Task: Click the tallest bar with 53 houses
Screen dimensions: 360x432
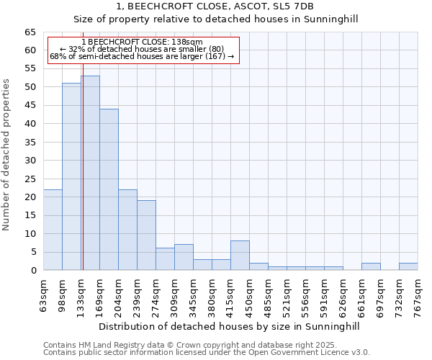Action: pos(90,173)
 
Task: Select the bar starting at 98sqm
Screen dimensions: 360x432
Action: pos(71,176)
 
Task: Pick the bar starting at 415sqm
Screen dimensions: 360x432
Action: pos(240,256)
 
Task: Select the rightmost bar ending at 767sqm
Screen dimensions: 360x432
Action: pos(408,266)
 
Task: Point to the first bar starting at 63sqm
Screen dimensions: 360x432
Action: pos(53,230)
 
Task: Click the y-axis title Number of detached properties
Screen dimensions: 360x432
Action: pos(6,155)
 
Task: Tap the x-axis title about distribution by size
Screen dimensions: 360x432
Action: pos(229,326)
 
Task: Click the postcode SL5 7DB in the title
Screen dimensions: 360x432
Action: pos(294,6)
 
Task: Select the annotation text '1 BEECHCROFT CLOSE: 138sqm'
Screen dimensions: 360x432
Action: pos(142,42)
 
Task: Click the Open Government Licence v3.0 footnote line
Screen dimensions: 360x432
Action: pos(207,353)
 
